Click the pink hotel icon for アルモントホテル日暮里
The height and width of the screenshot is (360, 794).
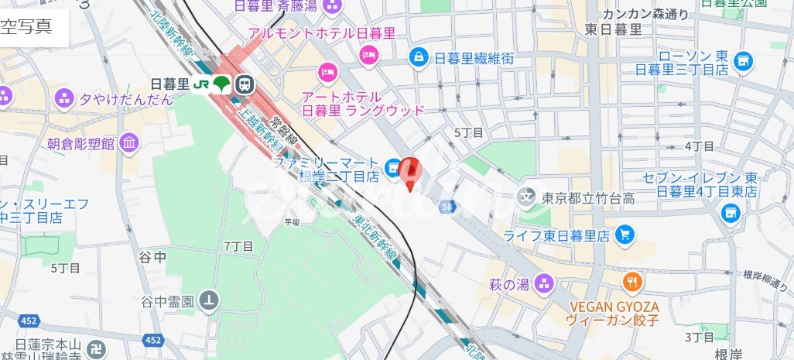[368, 53]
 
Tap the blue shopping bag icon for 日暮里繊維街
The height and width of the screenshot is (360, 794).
[419, 57]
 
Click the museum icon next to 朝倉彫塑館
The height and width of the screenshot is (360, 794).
[129, 142]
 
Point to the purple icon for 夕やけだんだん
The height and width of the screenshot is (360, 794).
[63, 98]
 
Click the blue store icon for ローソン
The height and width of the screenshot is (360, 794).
[744, 60]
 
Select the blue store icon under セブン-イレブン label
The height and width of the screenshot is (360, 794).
[729, 211]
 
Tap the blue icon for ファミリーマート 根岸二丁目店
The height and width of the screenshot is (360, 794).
[393, 165]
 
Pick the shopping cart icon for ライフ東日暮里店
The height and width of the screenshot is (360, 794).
[625, 234]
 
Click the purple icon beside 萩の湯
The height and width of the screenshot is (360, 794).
[546, 283]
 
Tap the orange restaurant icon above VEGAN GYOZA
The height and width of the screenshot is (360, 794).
[632, 282]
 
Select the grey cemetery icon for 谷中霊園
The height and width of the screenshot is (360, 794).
[209, 300]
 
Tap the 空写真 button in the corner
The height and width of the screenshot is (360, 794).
[26, 27]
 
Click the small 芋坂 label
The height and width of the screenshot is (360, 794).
[291, 221]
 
